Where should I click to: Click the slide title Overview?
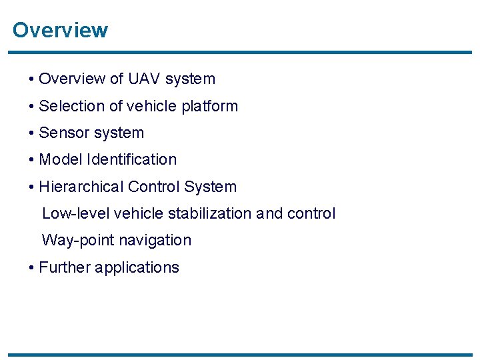pos(60,31)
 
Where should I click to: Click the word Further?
pos(65,267)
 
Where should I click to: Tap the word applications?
pos(137,267)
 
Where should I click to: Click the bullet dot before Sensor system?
pos(32,133)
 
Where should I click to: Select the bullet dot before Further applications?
pos(32,268)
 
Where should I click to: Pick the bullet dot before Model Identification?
pos(32,161)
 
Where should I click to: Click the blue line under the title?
pos(240,52)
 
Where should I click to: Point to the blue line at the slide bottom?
pos(240,355)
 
